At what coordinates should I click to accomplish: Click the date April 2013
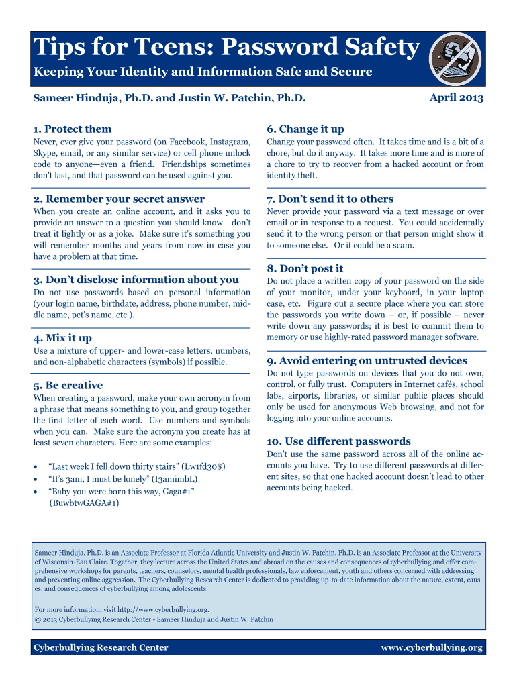pyautogui.click(x=457, y=98)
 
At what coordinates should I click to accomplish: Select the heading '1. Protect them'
pyautogui.click(x=73, y=129)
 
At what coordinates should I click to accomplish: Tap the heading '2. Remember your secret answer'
pyautogui.click(x=119, y=199)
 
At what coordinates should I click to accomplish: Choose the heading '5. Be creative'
pyautogui.click(x=68, y=385)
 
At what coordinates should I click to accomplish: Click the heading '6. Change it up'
pyautogui.click(x=305, y=129)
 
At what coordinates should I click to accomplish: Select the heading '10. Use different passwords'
pyautogui.click(x=338, y=441)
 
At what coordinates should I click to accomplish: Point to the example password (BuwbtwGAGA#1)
pyautogui.click(x=85, y=503)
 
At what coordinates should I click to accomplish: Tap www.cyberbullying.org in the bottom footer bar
pyautogui.click(x=432, y=647)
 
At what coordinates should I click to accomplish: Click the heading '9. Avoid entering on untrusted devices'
pyautogui.click(x=367, y=360)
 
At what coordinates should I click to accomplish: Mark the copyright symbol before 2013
pyautogui.click(x=37, y=619)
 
